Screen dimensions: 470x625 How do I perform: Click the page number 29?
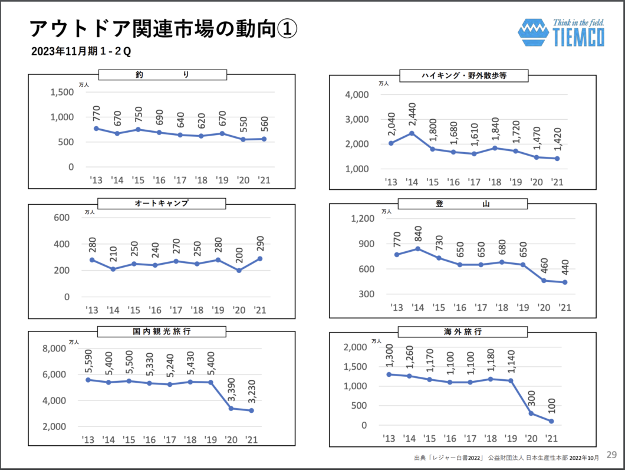click(612, 455)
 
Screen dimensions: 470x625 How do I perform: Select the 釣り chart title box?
click(162, 75)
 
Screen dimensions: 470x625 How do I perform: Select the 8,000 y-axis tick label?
click(54, 349)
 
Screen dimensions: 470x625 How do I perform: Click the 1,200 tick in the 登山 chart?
click(363, 219)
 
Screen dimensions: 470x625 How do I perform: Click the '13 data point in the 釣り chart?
click(96, 128)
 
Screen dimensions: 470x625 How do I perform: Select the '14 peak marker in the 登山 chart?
click(418, 248)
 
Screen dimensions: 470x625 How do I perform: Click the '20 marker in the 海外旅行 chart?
click(531, 413)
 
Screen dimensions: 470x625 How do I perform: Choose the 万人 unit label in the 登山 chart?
click(386, 211)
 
